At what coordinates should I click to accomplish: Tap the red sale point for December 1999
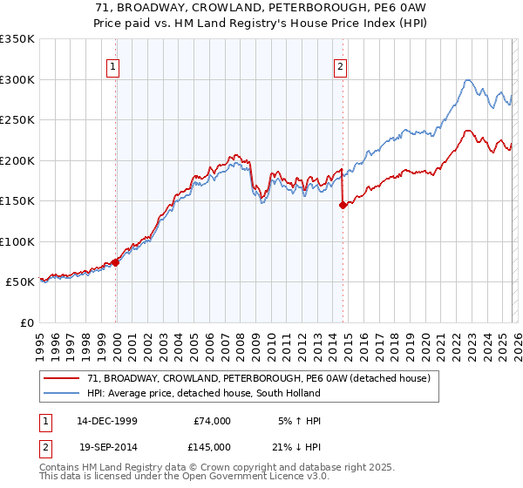click(x=116, y=262)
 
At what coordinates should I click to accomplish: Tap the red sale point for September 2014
click(x=343, y=206)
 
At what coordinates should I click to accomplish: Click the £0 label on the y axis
click(x=26, y=322)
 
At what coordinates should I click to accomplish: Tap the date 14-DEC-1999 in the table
click(x=107, y=421)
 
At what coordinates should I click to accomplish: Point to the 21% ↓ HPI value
click(x=297, y=447)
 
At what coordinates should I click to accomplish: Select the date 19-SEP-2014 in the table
click(x=107, y=447)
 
